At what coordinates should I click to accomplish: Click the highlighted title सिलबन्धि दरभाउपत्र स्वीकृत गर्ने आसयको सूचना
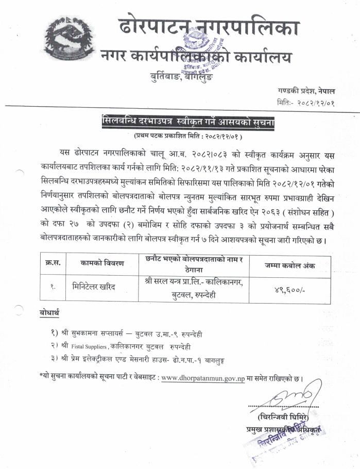coord(188,123)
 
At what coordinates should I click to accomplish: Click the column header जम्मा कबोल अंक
coord(290,265)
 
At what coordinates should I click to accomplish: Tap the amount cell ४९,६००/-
coord(289,291)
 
